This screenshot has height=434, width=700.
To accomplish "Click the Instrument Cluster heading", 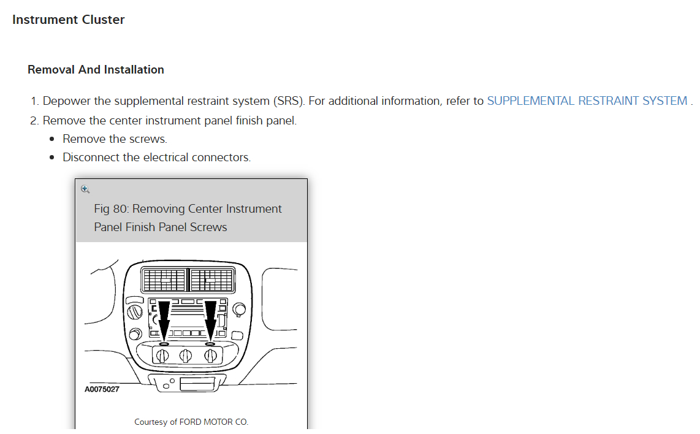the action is pyautogui.click(x=68, y=20).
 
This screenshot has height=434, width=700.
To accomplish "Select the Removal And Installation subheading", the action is pyautogui.click(x=96, y=70).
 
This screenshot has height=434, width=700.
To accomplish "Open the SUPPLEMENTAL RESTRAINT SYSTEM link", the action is pyautogui.click(x=587, y=101).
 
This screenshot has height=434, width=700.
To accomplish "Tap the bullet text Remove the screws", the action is pyautogui.click(x=115, y=139).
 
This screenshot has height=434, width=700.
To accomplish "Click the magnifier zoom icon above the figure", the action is pyautogui.click(x=85, y=189).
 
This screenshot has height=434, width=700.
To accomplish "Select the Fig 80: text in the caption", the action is pyautogui.click(x=111, y=209).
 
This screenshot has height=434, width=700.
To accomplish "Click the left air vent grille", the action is pyautogui.click(x=164, y=280).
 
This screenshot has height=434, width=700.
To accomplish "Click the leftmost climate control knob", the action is pyautogui.click(x=164, y=356).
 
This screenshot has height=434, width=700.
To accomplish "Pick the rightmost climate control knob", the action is pyautogui.click(x=211, y=356).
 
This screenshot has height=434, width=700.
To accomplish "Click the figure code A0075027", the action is pyautogui.click(x=102, y=389).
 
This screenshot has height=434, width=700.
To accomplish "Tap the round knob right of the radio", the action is pyautogui.click(x=238, y=307).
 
